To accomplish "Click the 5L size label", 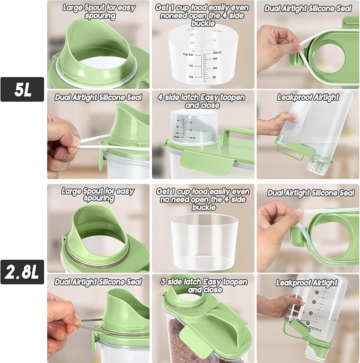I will point(22,90).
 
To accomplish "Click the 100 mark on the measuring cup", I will point(214,68).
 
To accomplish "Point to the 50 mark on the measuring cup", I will point(214,78).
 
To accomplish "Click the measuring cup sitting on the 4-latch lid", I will point(194,127).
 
